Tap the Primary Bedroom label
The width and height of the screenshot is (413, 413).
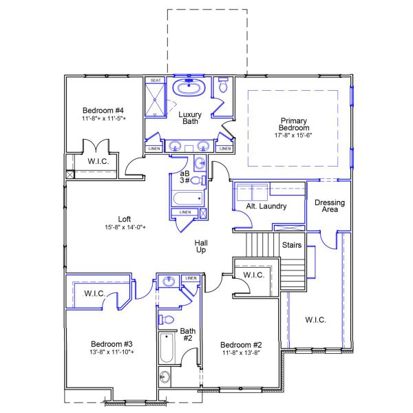pyautogui.click(x=294, y=124)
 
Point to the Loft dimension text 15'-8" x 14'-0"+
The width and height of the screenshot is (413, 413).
pyautogui.click(x=125, y=227)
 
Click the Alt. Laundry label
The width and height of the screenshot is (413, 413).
pyautogui.click(x=266, y=206)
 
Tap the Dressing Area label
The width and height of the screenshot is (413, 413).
pyautogui.click(x=329, y=206)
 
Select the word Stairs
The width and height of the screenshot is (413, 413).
pyautogui.click(x=293, y=244)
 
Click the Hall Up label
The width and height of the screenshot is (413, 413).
pyautogui.click(x=202, y=246)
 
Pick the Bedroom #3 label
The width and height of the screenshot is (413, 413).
pyautogui.click(x=112, y=343)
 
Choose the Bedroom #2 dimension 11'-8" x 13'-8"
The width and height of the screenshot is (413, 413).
pyautogui.click(x=241, y=352)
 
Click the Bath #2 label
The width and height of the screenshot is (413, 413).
pyautogui.click(x=188, y=335)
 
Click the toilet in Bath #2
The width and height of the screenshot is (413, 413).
pyautogui.click(x=166, y=319)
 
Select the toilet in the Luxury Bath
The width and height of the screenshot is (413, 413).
pyautogui.click(x=222, y=88)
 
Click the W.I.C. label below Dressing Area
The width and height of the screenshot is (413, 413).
pyautogui.click(x=315, y=320)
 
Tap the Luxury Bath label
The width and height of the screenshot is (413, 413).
pyautogui.click(x=189, y=118)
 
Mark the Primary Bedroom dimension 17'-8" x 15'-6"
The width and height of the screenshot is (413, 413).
pyautogui.click(x=294, y=136)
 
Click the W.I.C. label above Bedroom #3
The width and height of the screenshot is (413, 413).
pyautogui.click(x=94, y=294)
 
